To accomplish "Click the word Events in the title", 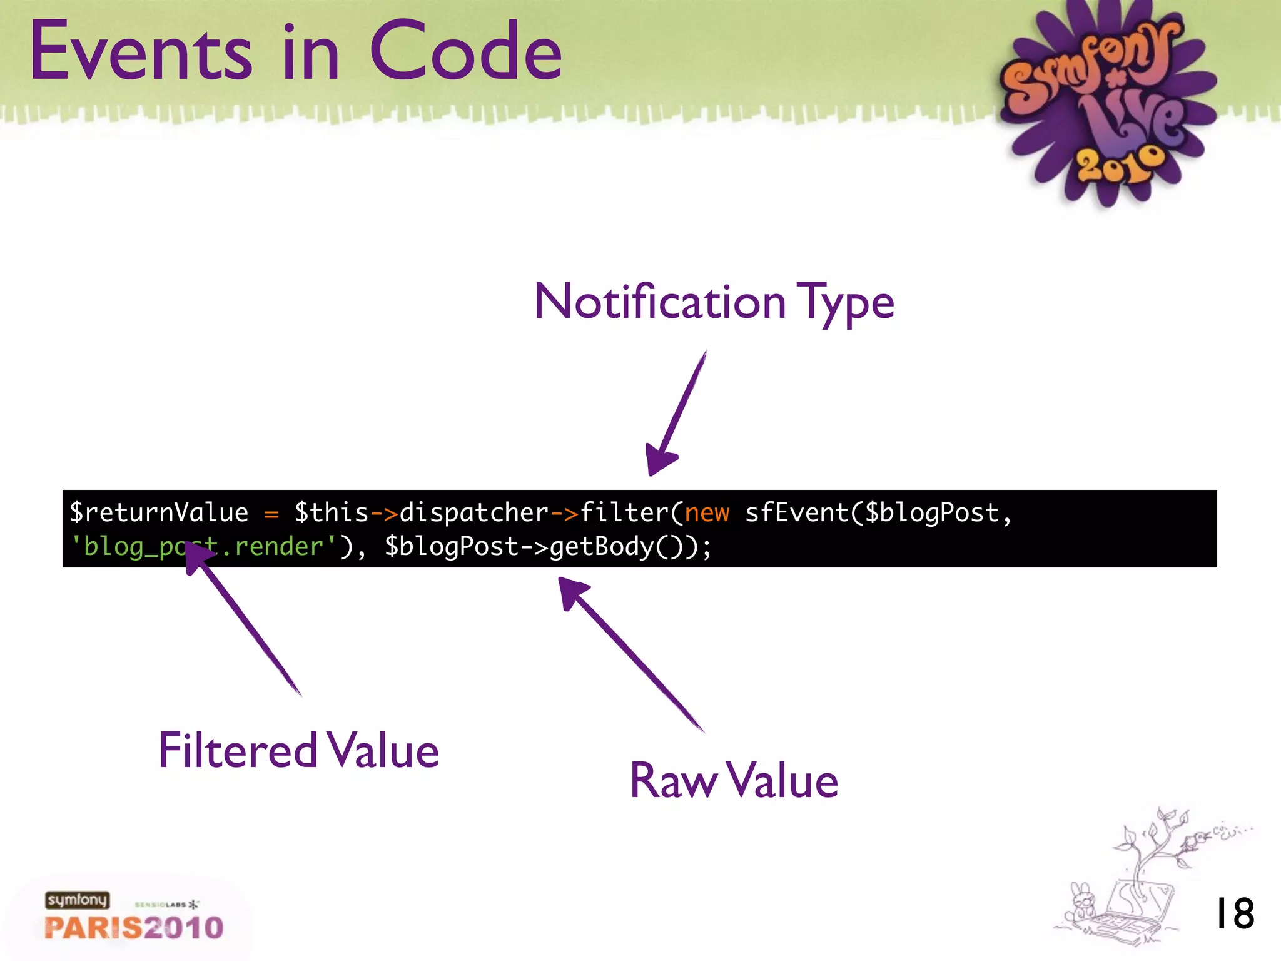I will [141, 51].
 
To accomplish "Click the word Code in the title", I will [466, 51].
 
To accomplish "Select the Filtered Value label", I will [298, 750].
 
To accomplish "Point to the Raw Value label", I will [733, 781].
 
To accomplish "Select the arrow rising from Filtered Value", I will [244, 619].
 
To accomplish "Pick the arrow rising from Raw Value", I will [632, 654].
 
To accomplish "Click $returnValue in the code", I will [159, 513].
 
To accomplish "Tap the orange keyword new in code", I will [707, 513].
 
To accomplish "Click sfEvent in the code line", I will [796, 513].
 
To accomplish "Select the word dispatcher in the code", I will [474, 513].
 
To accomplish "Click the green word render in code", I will [279, 547].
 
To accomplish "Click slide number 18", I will [1234, 914].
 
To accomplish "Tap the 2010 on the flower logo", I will [1120, 164].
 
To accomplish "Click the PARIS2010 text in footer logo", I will [134, 928].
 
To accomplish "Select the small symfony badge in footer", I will [77, 900].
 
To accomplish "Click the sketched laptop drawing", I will [1132, 913].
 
